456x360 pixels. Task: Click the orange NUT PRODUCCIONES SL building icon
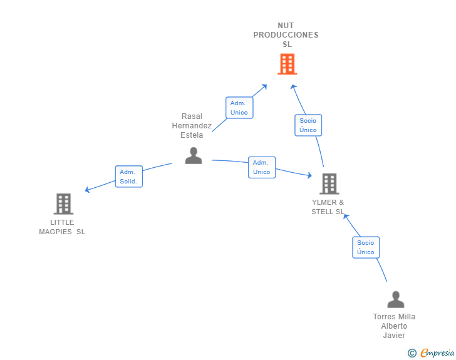(x=287, y=64)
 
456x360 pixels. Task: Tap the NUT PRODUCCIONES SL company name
(x=286, y=35)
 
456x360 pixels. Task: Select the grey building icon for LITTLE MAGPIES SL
(x=63, y=203)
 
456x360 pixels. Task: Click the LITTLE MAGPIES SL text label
(x=62, y=227)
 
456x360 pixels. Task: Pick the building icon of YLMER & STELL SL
(x=329, y=183)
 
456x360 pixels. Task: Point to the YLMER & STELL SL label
(x=328, y=207)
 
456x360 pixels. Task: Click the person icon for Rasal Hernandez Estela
(x=194, y=155)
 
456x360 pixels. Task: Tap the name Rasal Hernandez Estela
(x=192, y=126)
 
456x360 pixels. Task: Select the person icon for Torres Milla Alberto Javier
(x=395, y=299)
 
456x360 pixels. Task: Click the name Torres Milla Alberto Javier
(x=394, y=326)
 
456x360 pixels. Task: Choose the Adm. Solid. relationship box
(x=129, y=177)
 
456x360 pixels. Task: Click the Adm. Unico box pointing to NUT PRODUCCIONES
(x=239, y=108)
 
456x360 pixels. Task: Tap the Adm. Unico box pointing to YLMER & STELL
(x=262, y=167)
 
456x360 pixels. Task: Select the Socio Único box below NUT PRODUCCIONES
(x=308, y=125)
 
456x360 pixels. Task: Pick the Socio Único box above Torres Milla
(x=366, y=247)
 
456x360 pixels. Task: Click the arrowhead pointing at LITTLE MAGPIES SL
(x=88, y=190)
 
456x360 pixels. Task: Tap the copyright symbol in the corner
(x=412, y=353)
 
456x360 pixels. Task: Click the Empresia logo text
(x=437, y=353)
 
